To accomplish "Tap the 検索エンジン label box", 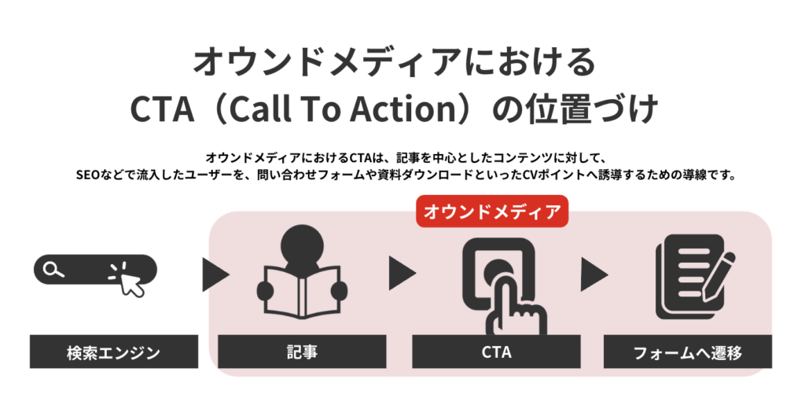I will (114, 352).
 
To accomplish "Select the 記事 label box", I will (302, 352).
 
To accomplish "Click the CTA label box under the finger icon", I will (496, 352).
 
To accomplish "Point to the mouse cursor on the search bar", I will (130, 282).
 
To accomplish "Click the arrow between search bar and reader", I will (215, 274).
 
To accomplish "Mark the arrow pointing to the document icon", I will (594, 274).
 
